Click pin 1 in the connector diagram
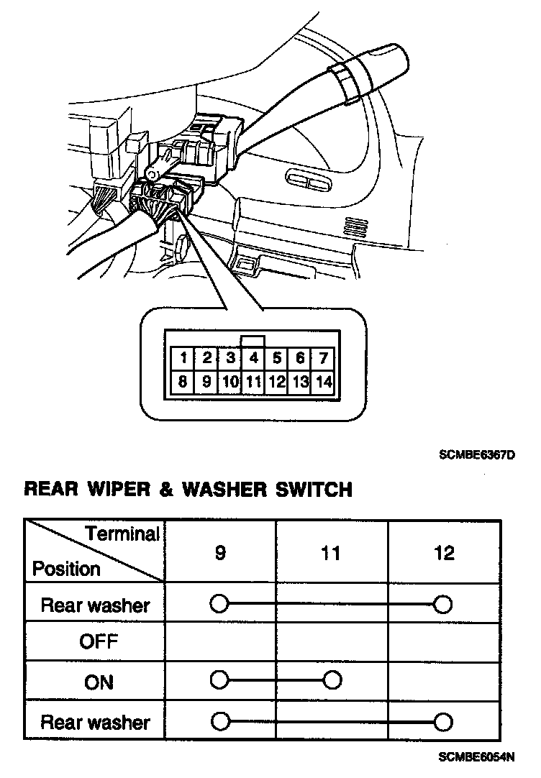pos(184,358)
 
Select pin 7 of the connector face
pos(324,358)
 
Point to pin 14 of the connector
pos(324,382)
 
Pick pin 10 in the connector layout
pos(229,382)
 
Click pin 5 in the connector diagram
pos(277,358)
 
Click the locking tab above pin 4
pos(253,341)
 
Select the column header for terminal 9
pos(220,552)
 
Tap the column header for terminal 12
pos(444,552)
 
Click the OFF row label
pos(99,641)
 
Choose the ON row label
pos(99,681)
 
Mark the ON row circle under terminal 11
pos(332,679)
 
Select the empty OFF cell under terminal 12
pos(444,641)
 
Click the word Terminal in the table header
pos(122,534)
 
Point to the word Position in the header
pos(66,569)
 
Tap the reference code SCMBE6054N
pos(478,756)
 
